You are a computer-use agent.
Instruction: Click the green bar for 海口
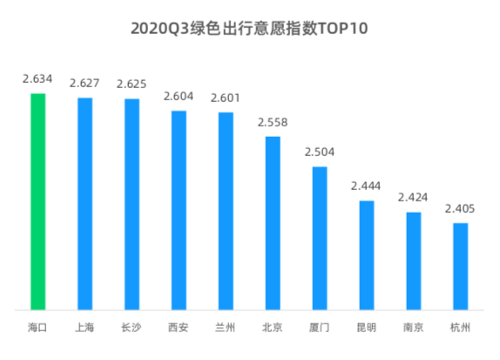[x=37, y=201]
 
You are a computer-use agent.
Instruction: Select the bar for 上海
[x=84, y=204]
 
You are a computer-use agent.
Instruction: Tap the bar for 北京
[x=273, y=223]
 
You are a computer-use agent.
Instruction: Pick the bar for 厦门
[x=320, y=238]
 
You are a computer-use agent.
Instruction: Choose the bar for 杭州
[x=461, y=266]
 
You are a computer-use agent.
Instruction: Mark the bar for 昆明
[x=367, y=255]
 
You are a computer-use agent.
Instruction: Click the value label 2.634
[x=37, y=79]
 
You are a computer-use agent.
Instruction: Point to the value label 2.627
[x=84, y=84]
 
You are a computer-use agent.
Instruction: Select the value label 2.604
[x=179, y=98]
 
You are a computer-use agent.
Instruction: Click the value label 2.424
[x=414, y=197]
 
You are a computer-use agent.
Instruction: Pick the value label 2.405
[x=461, y=208]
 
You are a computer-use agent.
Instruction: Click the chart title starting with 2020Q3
[x=249, y=29]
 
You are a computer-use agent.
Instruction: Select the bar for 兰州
[x=226, y=211]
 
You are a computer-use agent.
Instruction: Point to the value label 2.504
[x=320, y=153]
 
